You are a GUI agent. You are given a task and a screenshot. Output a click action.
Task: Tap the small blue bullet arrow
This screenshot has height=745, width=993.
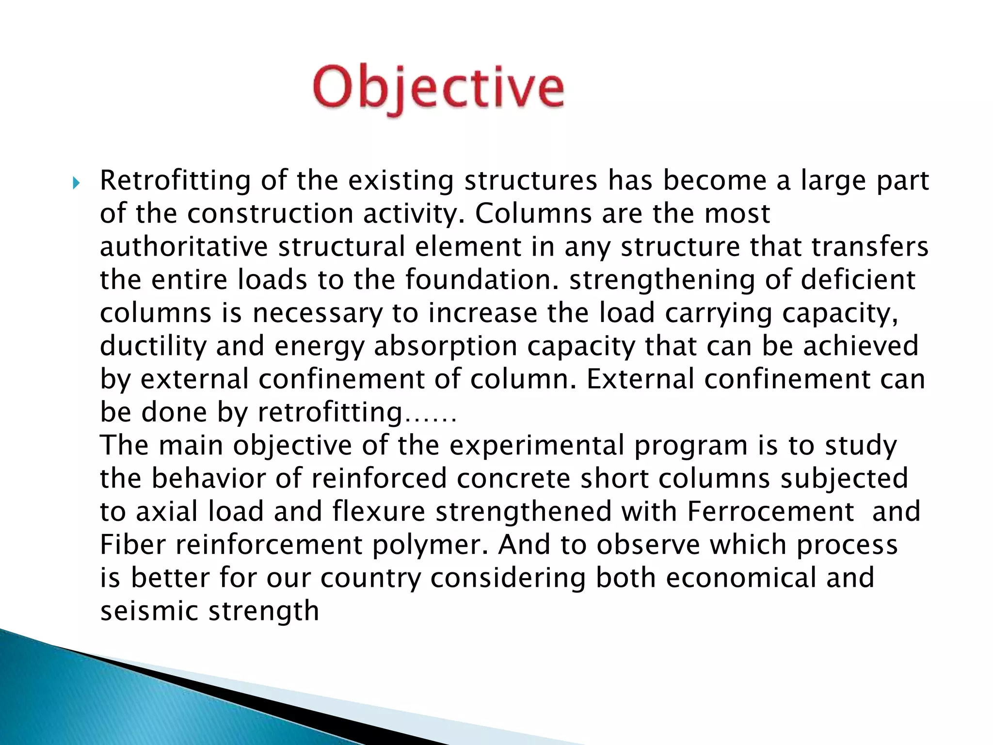(x=76, y=184)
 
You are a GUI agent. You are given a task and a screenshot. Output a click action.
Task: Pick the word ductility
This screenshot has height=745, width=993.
(x=153, y=346)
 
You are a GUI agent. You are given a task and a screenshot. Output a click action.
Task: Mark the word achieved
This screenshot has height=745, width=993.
(x=861, y=346)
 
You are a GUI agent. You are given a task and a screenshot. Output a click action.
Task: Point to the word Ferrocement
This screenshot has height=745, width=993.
(x=770, y=512)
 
